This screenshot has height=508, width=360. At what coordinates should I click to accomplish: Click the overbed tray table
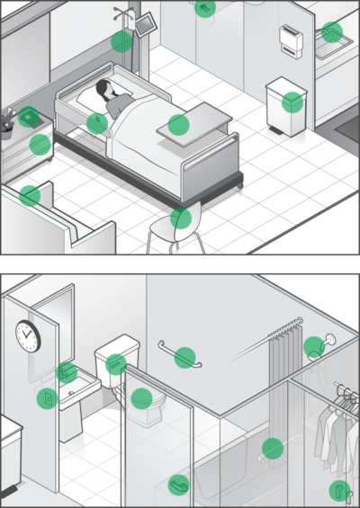click(194, 123)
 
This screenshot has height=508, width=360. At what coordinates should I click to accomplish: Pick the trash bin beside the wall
click(287, 105)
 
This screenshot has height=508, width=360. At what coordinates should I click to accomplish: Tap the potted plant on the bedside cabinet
click(7, 120)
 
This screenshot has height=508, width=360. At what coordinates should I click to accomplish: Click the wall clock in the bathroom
click(27, 335)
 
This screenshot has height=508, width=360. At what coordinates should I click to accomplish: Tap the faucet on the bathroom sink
click(67, 371)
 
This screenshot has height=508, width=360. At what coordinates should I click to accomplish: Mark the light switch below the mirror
click(43, 397)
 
